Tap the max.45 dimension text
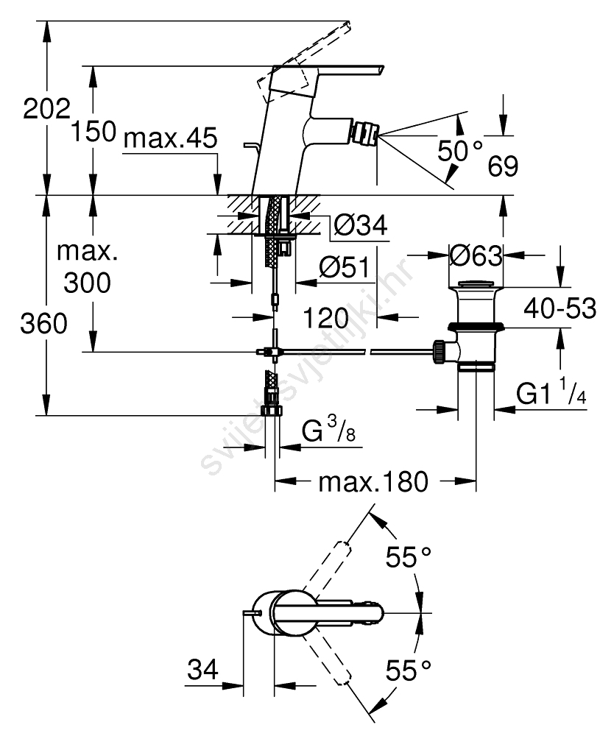(x=171, y=138)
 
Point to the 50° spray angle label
(x=460, y=151)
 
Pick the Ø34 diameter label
(x=359, y=225)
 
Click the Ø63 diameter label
(x=475, y=256)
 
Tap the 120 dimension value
(x=326, y=318)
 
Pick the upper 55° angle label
(x=408, y=556)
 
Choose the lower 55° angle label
(x=408, y=670)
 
